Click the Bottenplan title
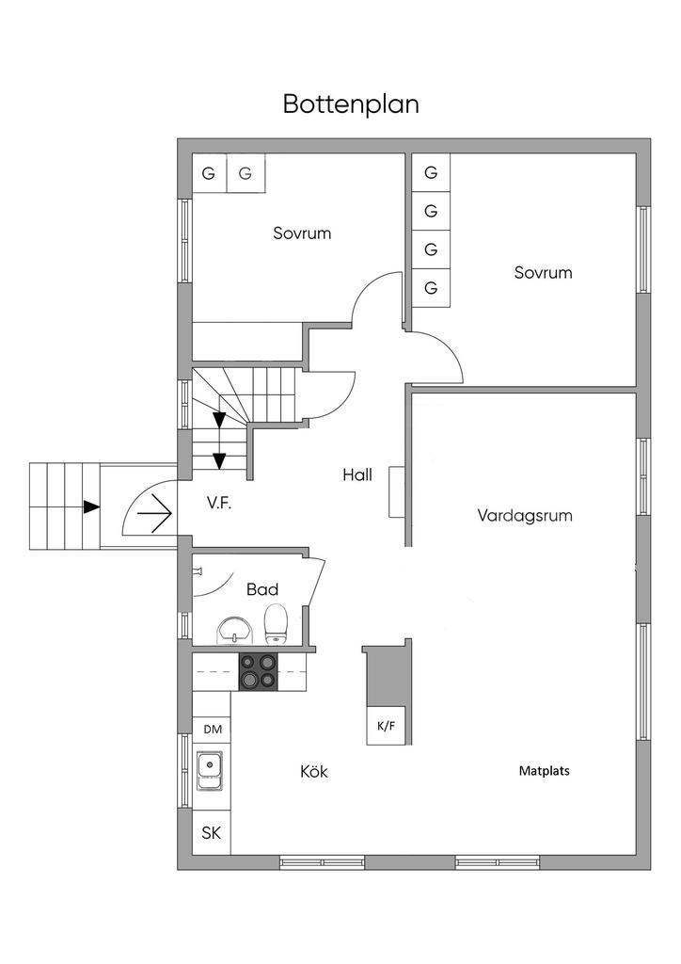click(351, 104)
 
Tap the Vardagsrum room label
click(525, 515)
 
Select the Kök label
click(314, 771)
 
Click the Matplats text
click(544, 771)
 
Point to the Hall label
click(357, 474)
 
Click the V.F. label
click(218, 504)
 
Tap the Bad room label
click(262, 589)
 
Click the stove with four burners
click(258, 671)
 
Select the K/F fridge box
click(387, 726)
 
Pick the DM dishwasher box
click(213, 730)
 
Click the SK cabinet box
click(212, 833)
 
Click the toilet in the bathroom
click(275, 624)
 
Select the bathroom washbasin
click(234, 631)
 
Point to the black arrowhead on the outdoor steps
click(91, 506)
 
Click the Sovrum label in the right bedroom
click(543, 272)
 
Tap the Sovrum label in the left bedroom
click(302, 233)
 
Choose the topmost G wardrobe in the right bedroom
click(431, 173)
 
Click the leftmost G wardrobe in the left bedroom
click(209, 173)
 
